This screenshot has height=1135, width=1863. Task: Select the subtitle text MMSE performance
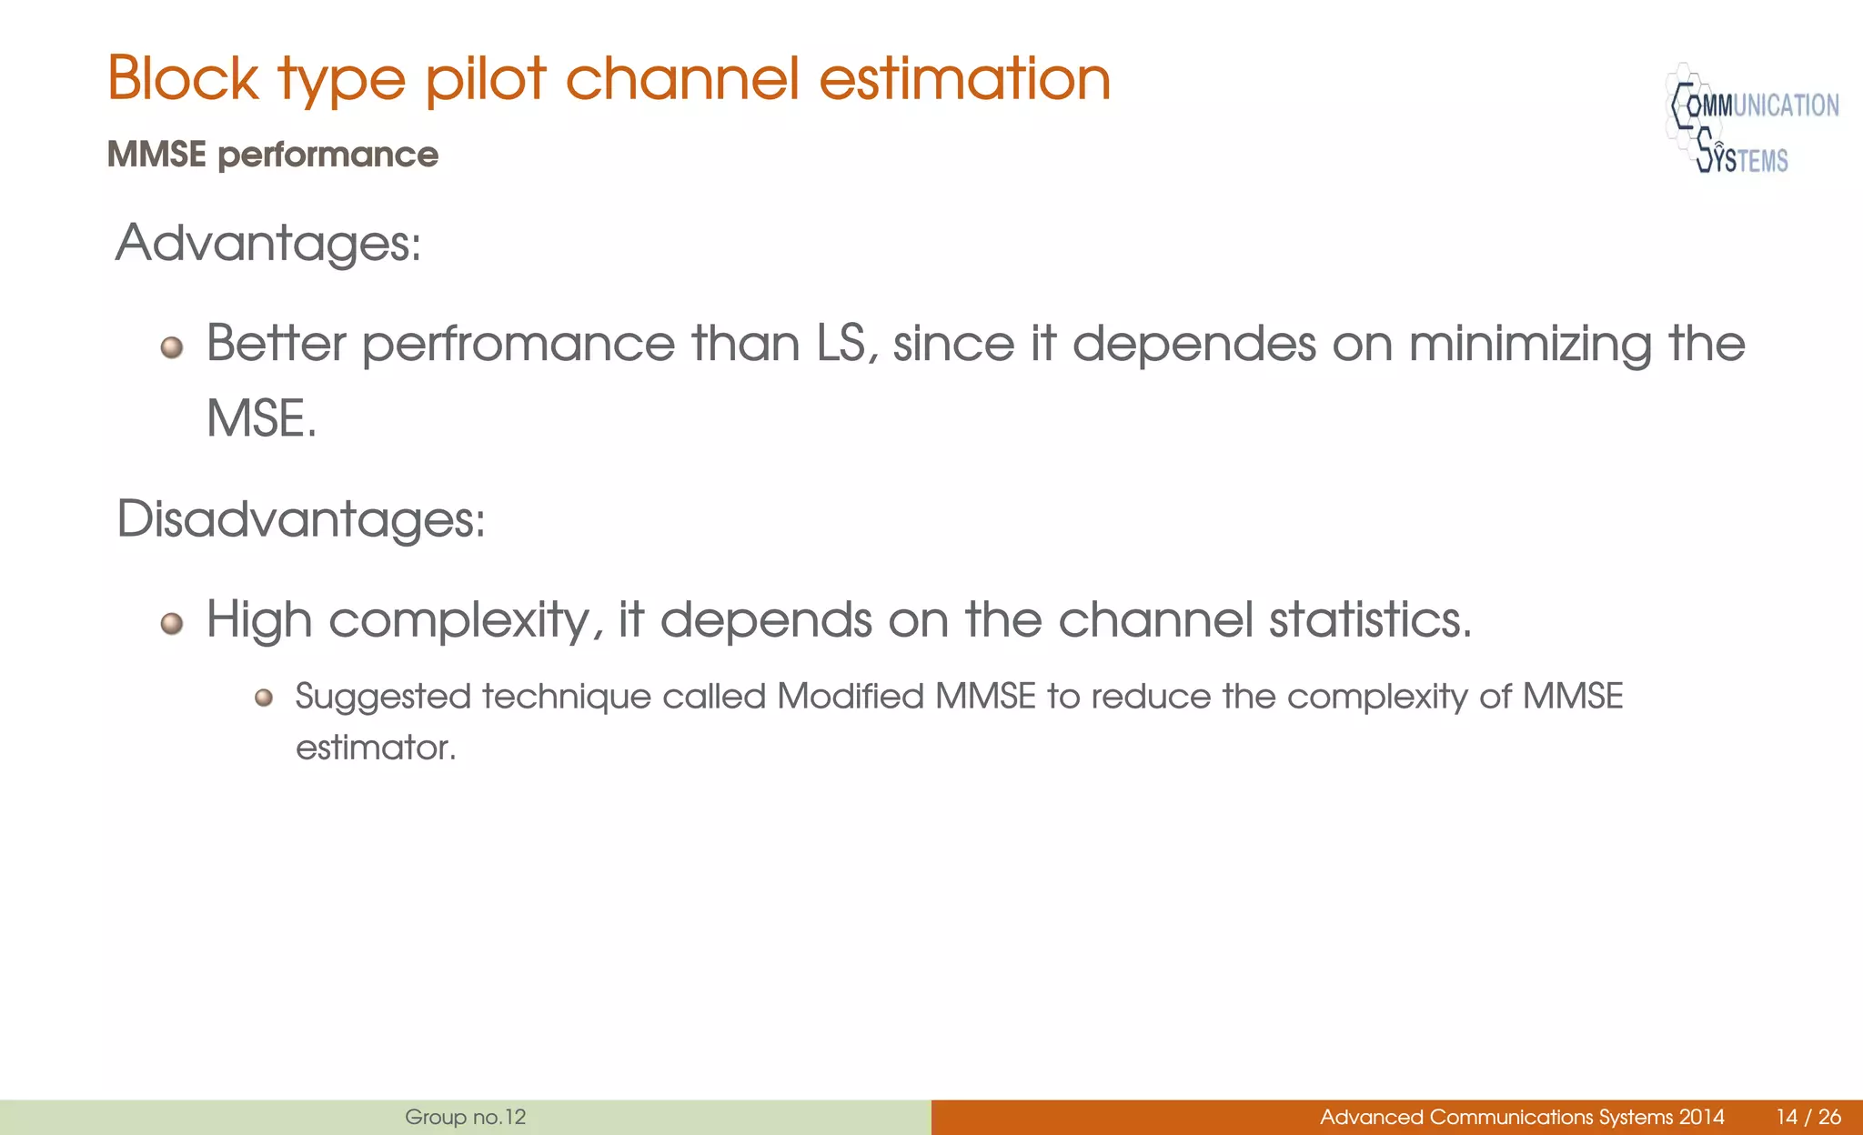(272, 155)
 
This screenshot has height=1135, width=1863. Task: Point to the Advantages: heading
(268, 244)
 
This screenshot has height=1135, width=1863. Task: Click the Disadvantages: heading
(301, 519)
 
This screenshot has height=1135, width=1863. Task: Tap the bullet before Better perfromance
(172, 347)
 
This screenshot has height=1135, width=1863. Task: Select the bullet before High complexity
(172, 624)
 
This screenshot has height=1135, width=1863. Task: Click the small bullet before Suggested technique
(264, 698)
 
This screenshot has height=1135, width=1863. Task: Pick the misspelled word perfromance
(519, 346)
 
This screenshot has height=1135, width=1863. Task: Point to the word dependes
(1193, 346)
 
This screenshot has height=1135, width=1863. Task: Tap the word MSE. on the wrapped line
(261, 419)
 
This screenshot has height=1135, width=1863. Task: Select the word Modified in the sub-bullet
(850, 697)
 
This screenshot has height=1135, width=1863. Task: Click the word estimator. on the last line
(376, 748)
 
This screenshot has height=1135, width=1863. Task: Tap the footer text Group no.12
(465, 1117)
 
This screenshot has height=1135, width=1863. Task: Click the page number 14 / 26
(1808, 1117)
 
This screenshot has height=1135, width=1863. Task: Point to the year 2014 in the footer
(1701, 1117)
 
